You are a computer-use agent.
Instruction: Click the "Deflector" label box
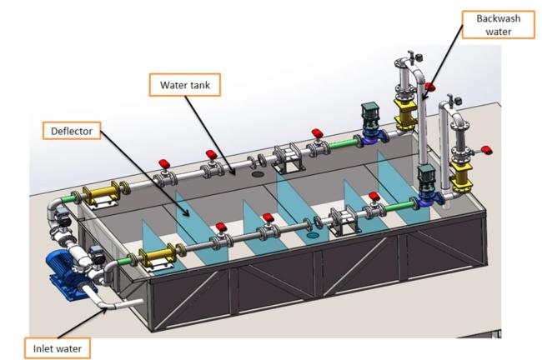tap(72, 131)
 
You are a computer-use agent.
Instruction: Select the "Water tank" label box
tap(185, 85)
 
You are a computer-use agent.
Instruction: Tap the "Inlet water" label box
tap(58, 348)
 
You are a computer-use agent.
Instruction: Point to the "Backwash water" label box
tap(499, 24)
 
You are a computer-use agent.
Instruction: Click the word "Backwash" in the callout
tap(499, 18)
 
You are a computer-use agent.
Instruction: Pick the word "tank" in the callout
tap(198, 85)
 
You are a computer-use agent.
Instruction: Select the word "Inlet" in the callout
tap(42, 348)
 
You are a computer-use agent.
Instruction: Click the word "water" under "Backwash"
tap(499, 32)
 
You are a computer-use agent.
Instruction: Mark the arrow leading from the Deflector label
tap(144, 173)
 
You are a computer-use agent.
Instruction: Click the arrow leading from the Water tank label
tap(210, 135)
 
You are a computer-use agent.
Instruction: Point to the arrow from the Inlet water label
tap(82, 323)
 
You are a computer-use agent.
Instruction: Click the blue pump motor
tap(67, 271)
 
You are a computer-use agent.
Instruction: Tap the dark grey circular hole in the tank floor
tap(258, 174)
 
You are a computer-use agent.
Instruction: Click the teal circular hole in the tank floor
tap(313, 236)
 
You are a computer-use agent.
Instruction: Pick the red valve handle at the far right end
tap(487, 150)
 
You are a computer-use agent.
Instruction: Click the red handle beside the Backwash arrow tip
tap(430, 87)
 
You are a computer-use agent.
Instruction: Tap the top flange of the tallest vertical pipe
tap(403, 63)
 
